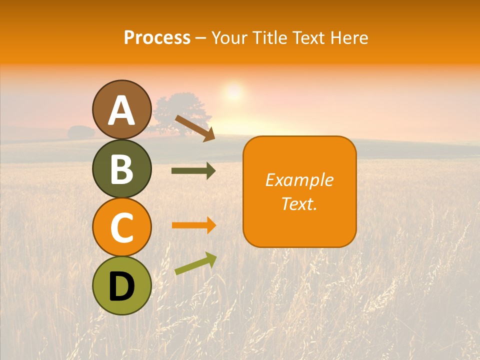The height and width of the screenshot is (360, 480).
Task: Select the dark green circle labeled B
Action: click(x=121, y=168)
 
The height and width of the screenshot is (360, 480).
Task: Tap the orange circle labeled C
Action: click(x=121, y=227)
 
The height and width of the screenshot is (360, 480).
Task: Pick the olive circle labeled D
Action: click(x=121, y=285)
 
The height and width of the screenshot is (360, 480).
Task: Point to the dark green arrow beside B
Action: click(x=193, y=171)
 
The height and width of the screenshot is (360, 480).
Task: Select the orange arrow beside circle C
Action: click(x=193, y=225)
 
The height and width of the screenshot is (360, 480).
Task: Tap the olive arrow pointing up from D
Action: click(x=195, y=264)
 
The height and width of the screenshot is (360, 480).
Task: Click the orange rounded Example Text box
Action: click(x=299, y=191)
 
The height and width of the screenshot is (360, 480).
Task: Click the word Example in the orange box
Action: click(x=299, y=180)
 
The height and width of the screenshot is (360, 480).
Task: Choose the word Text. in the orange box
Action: click(x=299, y=203)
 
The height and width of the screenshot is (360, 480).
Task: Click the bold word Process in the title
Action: click(x=157, y=38)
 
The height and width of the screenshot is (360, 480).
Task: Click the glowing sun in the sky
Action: click(x=233, y=92)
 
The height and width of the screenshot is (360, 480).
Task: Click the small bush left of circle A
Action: click(x=80, y=132)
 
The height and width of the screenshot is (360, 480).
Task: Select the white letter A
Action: click(x=121, y=110)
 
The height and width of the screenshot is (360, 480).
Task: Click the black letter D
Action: click(x=121, y=286)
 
